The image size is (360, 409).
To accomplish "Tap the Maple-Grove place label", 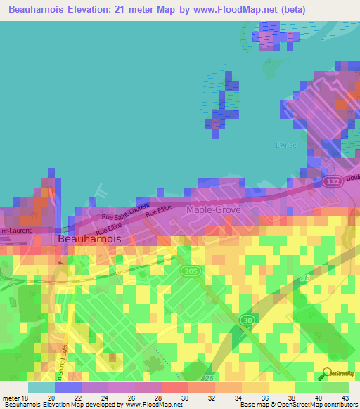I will (x=213, y=209).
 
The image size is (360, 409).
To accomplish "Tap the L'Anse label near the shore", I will (x=286, y=145).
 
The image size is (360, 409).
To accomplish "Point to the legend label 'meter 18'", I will (x=15, y=397).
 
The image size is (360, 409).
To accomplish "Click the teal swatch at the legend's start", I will (x=41, y=387).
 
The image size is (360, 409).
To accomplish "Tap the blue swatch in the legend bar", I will (x=68, y=387).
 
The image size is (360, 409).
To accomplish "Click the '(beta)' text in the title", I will (x=290, y=9).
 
